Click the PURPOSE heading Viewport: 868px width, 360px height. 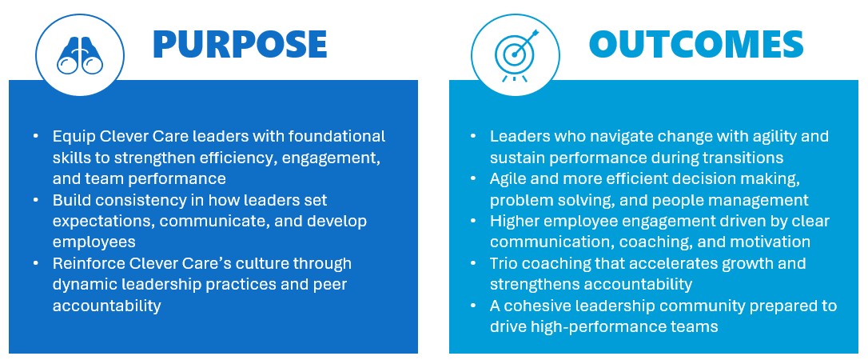[240, 44]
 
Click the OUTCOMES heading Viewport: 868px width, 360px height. [696, 44]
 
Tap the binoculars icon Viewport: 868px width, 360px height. [80, 56]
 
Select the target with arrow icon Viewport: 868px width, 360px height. [516, 55]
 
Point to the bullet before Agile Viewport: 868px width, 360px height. [472, 179]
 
